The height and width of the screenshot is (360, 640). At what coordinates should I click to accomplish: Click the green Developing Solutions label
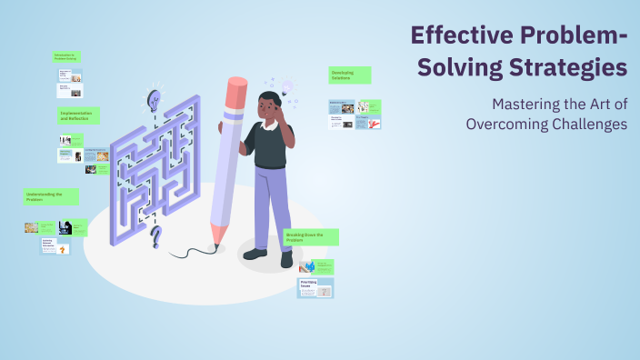349,74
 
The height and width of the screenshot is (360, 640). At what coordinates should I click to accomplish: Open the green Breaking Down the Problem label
311,237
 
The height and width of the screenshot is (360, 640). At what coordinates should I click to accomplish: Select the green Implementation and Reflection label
79,115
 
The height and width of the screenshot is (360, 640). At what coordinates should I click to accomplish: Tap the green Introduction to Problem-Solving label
66,56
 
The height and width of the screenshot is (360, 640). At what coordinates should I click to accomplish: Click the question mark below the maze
155,238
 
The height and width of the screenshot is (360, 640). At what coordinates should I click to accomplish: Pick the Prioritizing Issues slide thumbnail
315,288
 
